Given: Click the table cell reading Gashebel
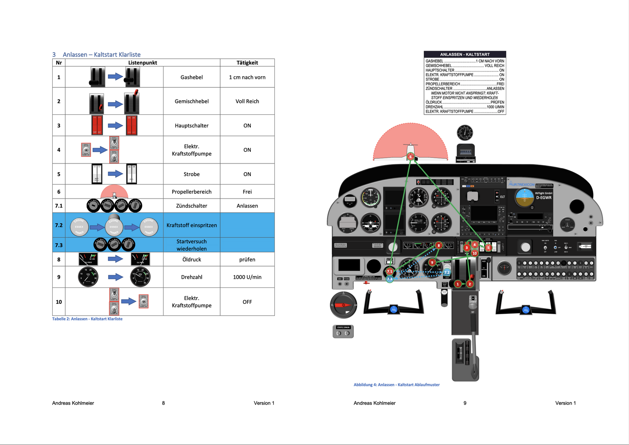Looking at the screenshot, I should click(191, 77).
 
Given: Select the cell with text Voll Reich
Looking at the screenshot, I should click(247, 101).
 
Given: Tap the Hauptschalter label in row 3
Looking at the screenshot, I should click(191, 126).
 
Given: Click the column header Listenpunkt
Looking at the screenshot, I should click(142, 63).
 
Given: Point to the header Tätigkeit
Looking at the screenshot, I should click(247, 63).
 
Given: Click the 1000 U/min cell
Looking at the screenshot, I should click(247, 277).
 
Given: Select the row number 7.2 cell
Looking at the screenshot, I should click(59, 225).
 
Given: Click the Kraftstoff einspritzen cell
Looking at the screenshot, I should click(191, 225).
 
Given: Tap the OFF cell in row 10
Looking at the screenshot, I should click(247, 302).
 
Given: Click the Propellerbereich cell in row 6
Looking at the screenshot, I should click(191, 192).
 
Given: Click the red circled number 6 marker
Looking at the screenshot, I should click(410, 157).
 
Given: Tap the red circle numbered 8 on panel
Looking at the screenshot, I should click(439, 246).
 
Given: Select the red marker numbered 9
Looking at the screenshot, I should click(432, 262).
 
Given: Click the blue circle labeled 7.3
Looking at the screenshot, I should click(390, 279).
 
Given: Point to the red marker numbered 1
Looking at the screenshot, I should click(458, 284).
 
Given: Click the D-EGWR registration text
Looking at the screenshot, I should click(544, 198).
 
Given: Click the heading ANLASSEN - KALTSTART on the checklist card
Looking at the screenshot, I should click(465, 55).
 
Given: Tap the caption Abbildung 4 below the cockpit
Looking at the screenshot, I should click(396, 385).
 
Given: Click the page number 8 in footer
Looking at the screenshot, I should click(164, 403).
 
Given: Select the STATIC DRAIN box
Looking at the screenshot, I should click(343, 331).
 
